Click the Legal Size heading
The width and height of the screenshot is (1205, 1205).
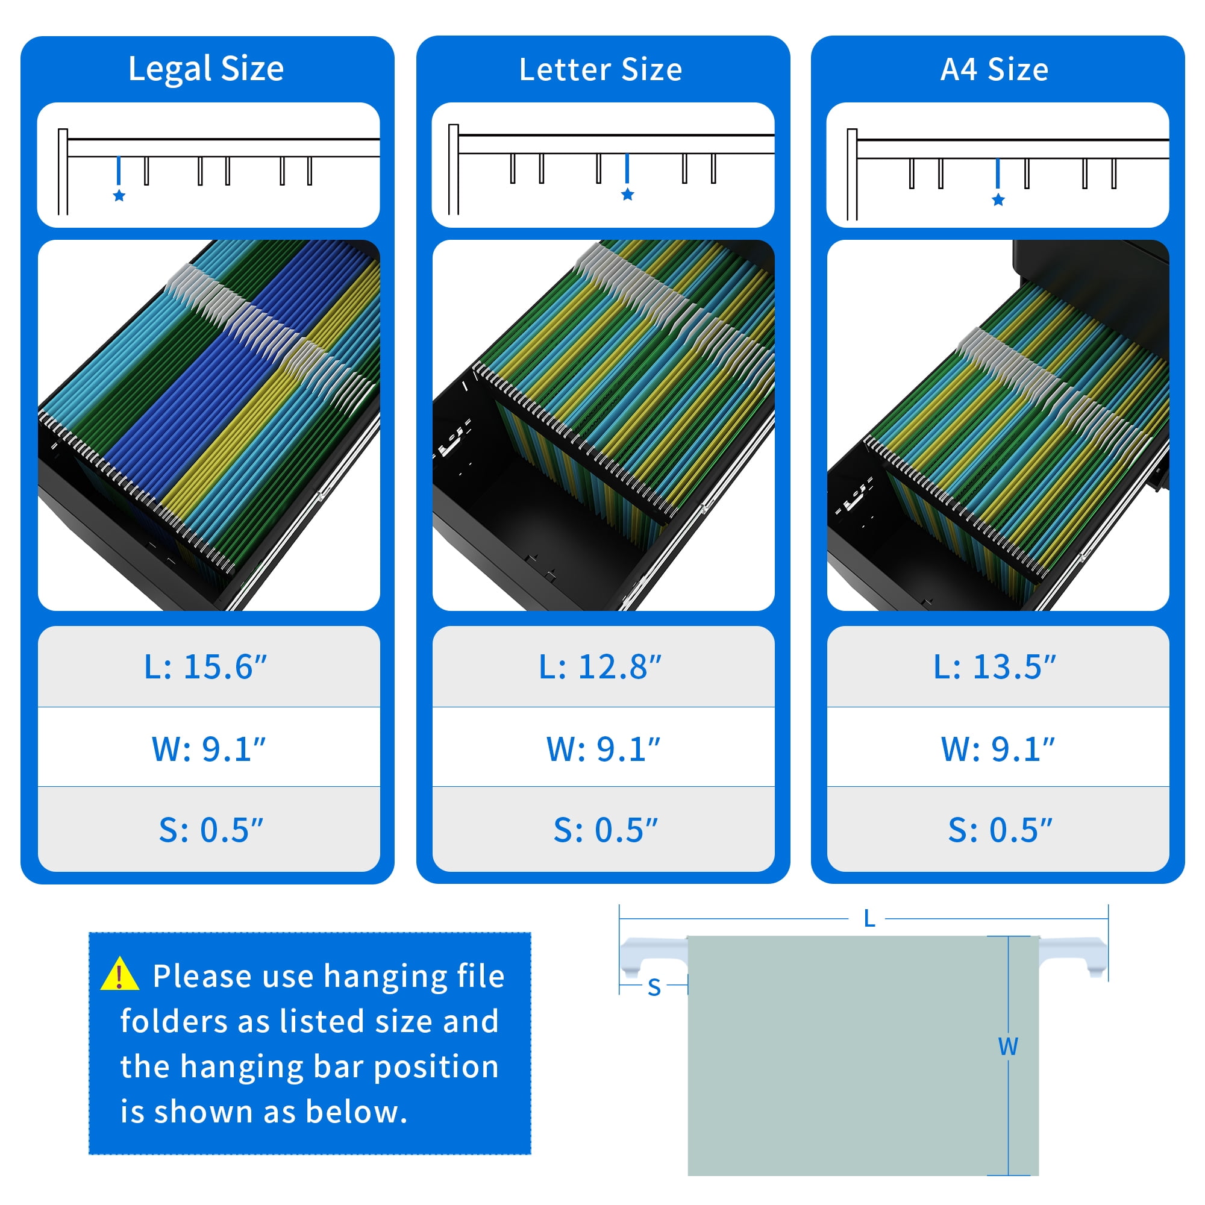[x=206, y=69]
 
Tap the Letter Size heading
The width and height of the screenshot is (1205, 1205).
[x=601, y=69]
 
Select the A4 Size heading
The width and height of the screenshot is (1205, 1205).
[x=995, y=69]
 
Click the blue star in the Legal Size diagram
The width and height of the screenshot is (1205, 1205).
[x=119, y=196]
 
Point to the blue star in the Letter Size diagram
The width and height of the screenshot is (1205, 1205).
[x=627, y=195]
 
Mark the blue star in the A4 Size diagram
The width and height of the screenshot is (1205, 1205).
[x=998, y=199]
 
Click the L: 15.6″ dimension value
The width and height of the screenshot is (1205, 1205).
[x=205, y=667]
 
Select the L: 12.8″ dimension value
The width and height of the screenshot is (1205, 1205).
[x=600, y=667]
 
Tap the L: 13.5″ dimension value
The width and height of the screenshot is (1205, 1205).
[x=995, y=667]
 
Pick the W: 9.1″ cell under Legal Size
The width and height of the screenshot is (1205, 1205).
[x=208, y=749]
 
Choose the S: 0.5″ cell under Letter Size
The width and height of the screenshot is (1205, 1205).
[x=606, y=830]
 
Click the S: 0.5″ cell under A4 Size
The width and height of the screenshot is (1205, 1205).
[x=1000, y=830]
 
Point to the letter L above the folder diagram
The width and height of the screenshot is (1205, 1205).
[x=869, y=919]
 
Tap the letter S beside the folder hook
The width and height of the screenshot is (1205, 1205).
[x=654, y=988]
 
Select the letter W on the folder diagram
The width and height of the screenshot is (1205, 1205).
[x=1008, y=1047]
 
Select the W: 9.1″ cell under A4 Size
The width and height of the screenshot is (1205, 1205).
[x=998, y=749]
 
